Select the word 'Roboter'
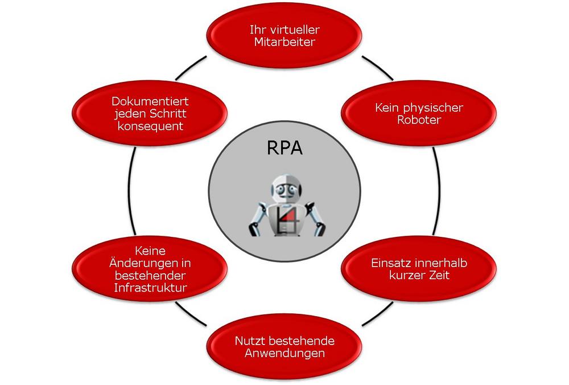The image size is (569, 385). tap(419, 120)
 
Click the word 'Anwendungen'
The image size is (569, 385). tap(284, 353)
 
